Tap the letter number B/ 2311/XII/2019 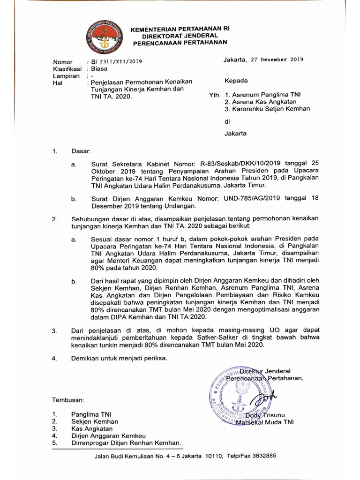tap(114, 61)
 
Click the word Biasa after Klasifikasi tap(99, 68)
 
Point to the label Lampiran tap(67, 75)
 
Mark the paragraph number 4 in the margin tap(54, 359)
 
